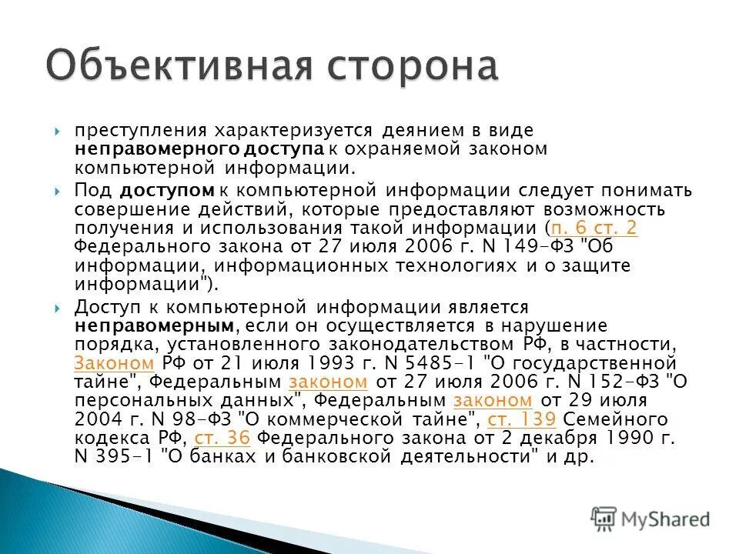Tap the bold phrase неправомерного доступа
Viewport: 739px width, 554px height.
pos(199,149)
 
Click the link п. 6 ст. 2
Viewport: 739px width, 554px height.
pos(594,229)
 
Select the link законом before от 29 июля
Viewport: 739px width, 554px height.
pos(493,401)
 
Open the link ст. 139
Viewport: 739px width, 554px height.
pos(522,420)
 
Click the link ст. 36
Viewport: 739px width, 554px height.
pos(223,439)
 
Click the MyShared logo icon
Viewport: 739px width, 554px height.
pos(604,519)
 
